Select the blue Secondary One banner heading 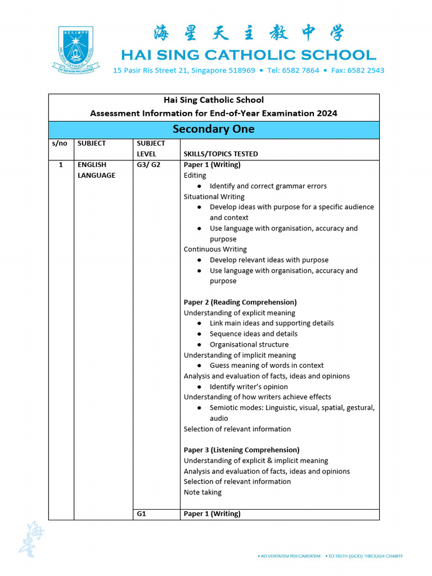click(x=213, y=129)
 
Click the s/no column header click(x=59, y=143)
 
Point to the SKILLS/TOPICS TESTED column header click(x=220, y=154)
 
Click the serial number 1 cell click(x=60, y=165)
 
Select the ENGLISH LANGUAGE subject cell click(x=96, y=170)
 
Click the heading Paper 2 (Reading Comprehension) click(x=240, y=302)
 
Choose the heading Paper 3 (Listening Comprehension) click(x=241, y=450)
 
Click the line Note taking click(x=202, y=492)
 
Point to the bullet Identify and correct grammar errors click(x=268, y=186)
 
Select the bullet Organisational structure click(x=249, y=344)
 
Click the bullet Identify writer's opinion click(x=249, y=386)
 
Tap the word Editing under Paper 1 click(x=195, y=175)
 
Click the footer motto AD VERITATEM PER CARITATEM click(x=290, y=556)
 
